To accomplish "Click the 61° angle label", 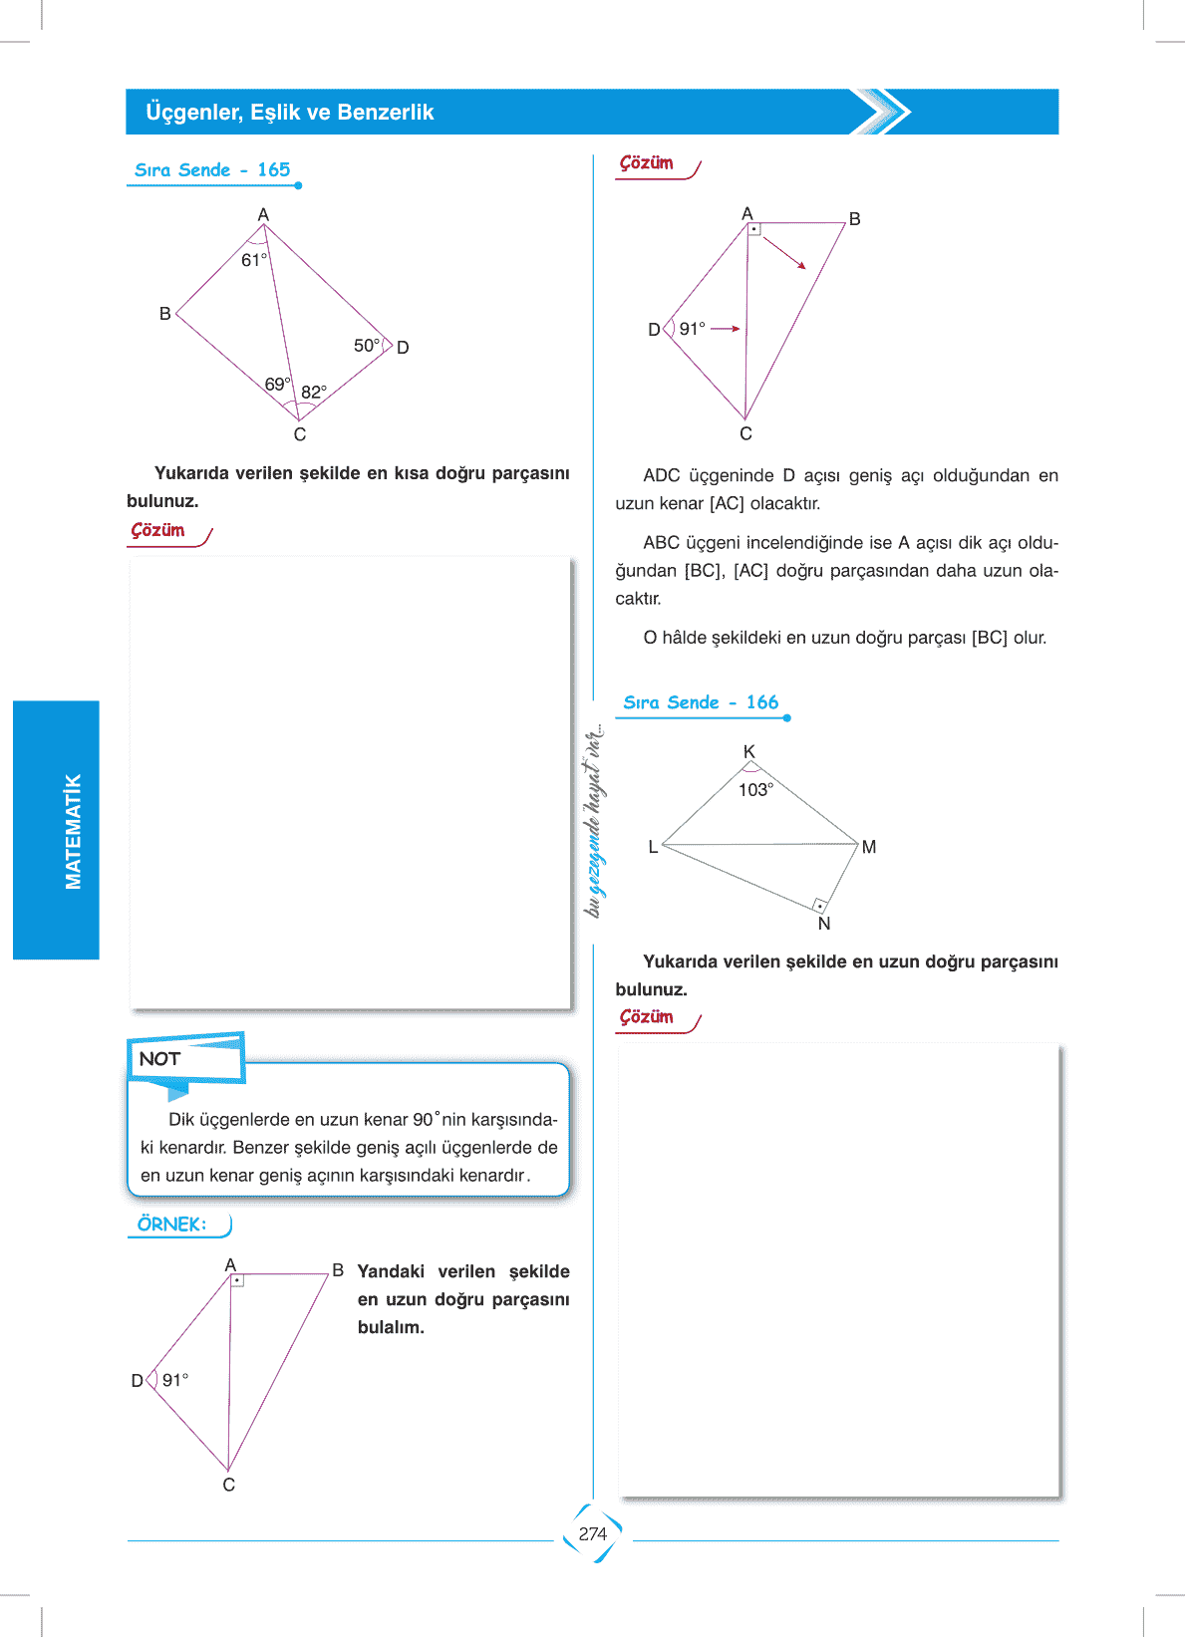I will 254,260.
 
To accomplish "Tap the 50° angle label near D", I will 367,346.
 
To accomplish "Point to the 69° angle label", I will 278,385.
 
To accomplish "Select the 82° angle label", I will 314,393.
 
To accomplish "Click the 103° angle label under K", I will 755,790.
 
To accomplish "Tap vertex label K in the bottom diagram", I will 749,752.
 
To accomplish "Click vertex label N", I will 824,925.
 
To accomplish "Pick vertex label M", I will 869,847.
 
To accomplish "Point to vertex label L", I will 653,847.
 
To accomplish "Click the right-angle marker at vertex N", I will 819,905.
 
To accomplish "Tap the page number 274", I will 593,1534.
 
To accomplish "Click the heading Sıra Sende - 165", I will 212,170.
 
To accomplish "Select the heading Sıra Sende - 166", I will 701,702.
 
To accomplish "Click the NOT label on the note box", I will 159,1059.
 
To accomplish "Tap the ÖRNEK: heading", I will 171,1225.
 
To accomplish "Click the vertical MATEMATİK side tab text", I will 73,831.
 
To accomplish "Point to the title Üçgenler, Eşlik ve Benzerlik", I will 290,113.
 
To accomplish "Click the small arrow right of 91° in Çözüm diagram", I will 726,329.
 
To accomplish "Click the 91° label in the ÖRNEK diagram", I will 175,1380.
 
